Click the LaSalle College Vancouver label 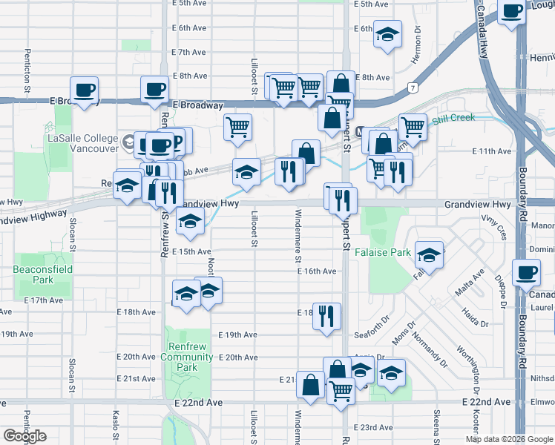pos(82,143)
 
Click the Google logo pos(25,436)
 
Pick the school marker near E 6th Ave pos(387,35)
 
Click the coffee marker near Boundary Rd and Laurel pos(526,273)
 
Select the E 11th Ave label pos(492,151)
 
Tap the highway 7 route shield pos(411,88)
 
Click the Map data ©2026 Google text pos(508,439)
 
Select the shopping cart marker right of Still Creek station pos(412,126)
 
